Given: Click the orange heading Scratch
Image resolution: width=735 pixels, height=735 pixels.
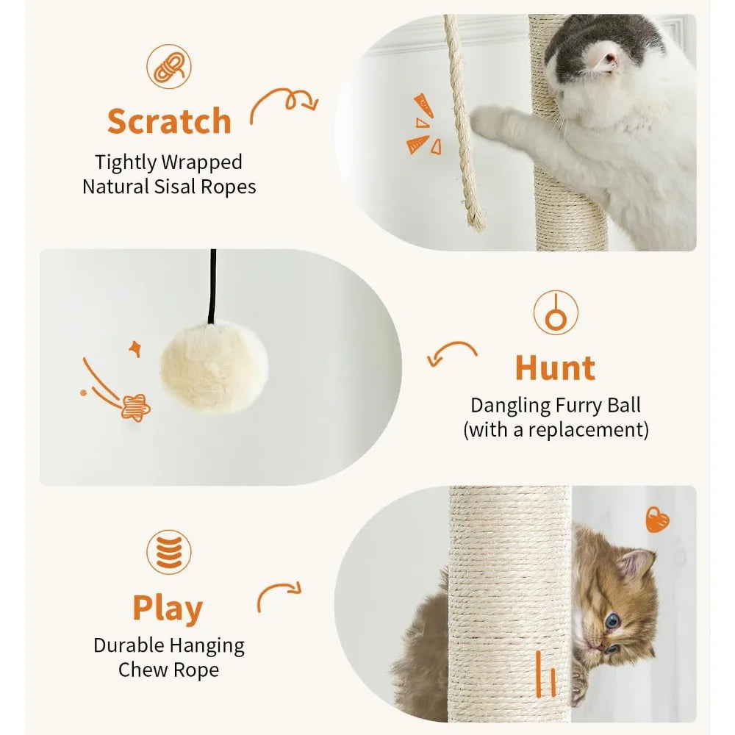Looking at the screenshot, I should point(169,121).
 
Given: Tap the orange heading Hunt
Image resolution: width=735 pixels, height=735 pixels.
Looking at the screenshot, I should point(555,368).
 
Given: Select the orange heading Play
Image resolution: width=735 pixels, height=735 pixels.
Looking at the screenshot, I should point(168,609).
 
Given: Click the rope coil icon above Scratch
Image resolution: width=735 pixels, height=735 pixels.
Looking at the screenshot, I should point(169,67).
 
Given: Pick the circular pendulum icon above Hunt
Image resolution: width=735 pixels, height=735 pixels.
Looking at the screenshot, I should point(556,312).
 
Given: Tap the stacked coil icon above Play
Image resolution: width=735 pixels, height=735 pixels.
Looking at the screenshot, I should point(168,553).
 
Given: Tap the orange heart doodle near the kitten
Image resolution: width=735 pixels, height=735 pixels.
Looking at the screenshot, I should point(657,520).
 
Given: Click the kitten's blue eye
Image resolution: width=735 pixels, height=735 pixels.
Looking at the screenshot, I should point(612,621).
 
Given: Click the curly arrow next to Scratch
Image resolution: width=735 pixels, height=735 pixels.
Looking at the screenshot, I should point(283,107).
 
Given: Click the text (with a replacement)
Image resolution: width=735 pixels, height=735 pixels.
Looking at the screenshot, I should point(556,430).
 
